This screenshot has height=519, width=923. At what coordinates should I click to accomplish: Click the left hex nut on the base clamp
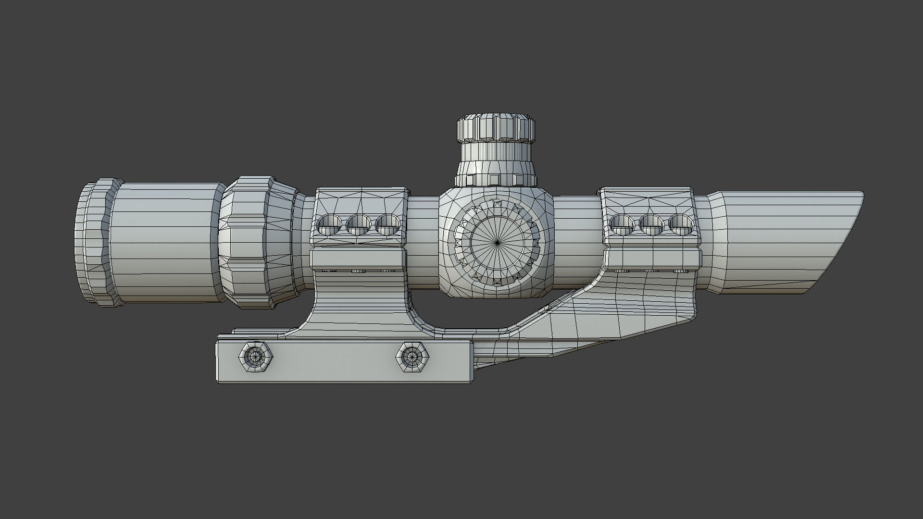[x=255, y=357]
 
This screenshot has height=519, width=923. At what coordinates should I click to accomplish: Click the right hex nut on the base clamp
[x=412, y=357]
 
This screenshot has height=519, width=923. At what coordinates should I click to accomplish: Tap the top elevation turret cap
[x=496, y=128]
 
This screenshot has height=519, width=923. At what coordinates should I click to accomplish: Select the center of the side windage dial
[x=497, y=242]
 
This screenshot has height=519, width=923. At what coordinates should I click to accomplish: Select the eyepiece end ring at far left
[x=94, y=243]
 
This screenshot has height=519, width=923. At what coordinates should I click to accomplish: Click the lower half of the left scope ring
[x=358, y=258]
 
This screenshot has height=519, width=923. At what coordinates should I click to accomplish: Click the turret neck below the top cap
[x=496, y=159]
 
